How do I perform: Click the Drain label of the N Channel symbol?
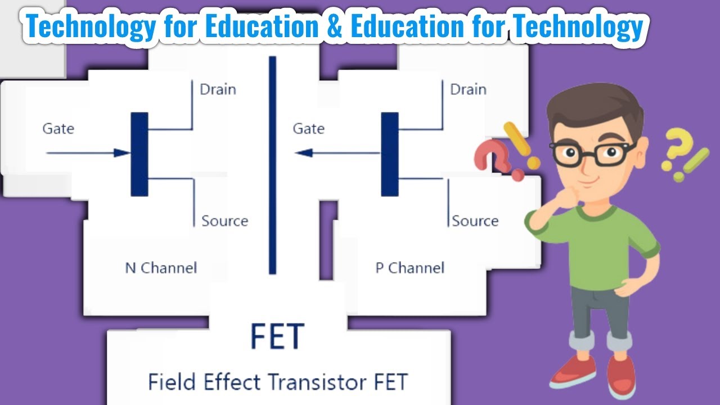218,89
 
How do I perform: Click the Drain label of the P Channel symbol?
468,89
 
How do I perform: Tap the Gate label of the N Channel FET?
58,129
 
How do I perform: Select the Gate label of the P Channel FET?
308,129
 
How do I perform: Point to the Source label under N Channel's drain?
224,221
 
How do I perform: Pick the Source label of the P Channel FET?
475,221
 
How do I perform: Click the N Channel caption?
161,268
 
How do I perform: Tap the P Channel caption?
409,268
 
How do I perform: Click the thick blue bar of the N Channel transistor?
139,154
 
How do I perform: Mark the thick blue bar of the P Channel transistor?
389,154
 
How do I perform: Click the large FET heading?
277,336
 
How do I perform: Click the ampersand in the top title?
334,27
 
